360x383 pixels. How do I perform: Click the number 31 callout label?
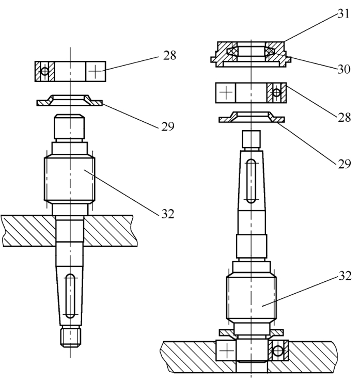343,13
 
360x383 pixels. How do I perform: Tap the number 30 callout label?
344,69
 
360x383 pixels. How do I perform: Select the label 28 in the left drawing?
169,55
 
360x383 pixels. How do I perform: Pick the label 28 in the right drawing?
345,118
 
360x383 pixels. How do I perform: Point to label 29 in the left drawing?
168,126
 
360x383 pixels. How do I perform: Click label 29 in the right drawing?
345,164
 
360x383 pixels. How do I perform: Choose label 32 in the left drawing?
168,214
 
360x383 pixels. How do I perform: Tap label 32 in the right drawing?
345,276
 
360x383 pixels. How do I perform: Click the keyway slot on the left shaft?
70,296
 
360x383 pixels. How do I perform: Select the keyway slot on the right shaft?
251,181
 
